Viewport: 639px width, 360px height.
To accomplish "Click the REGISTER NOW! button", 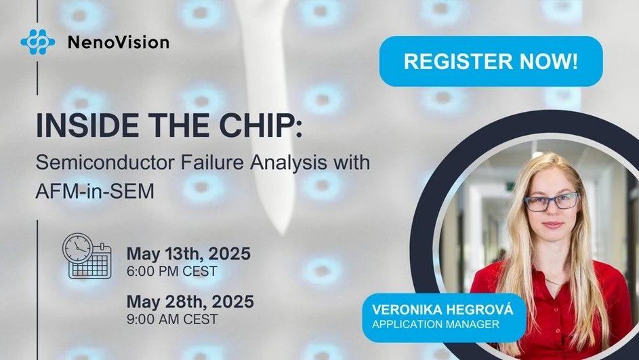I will [491, 62].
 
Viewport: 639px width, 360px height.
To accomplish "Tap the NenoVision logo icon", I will [37, 42].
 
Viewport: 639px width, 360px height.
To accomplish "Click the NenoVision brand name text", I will [118, 43].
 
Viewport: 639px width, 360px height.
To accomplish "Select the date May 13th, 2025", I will [188, 254].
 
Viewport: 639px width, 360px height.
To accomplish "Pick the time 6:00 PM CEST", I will [172, 272].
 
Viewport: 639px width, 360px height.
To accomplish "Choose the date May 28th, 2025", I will [190, 302].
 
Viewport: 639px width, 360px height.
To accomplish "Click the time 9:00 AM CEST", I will [172, 319].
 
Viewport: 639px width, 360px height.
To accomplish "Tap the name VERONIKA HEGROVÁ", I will [443, 310].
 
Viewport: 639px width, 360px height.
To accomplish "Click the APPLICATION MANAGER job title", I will [436, 325].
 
